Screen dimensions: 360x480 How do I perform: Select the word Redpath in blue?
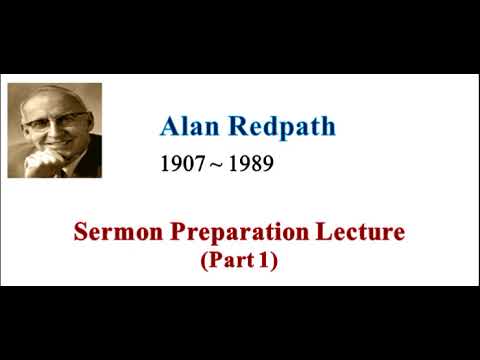click(x=283, y=127)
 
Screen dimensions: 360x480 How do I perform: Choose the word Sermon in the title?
click(x=112, y=234)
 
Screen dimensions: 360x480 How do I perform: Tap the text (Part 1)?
click(x=239, y=261)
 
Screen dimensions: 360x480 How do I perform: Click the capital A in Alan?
click(x=169, y=127)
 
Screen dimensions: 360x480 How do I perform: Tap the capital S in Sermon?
click(x=81, y=234)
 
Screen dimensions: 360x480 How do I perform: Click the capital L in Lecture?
click(x=332, y=234)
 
